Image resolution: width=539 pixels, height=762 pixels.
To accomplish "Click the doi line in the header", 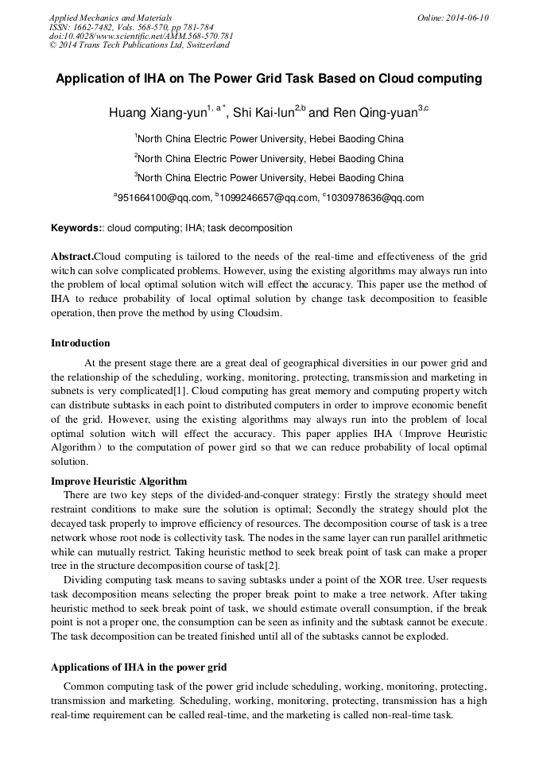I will pos(141,36).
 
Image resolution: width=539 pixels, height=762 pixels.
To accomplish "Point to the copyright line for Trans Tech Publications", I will pos(139,45).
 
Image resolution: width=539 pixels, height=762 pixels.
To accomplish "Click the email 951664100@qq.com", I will pos(164,198).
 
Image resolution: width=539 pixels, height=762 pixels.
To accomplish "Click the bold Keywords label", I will pos(76,228).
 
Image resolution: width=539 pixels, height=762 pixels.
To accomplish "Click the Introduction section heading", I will pos(80,343).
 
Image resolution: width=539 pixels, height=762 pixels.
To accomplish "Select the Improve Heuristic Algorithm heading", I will pos(119,481).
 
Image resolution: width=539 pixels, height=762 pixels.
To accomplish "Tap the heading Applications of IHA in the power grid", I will pos(138,666).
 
